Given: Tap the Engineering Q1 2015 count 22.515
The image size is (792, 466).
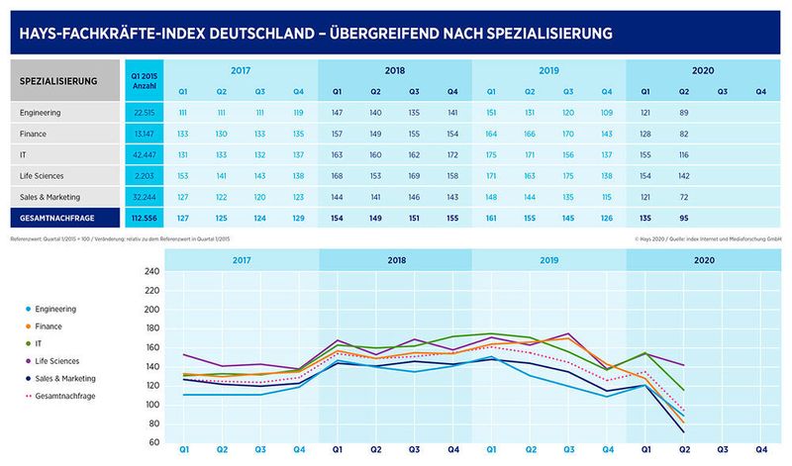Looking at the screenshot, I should (145, 112).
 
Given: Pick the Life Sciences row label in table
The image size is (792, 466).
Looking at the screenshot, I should (44, 176).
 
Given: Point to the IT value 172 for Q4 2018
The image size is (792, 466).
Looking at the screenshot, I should (452, 154).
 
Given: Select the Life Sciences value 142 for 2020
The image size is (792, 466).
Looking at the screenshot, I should (684, 176).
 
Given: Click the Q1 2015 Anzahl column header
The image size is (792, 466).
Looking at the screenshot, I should (145, 79).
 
